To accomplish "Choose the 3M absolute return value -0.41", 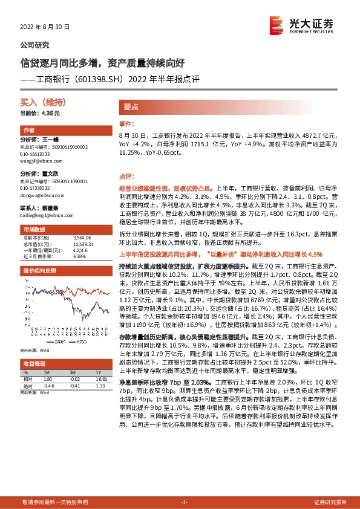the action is (75, 385).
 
